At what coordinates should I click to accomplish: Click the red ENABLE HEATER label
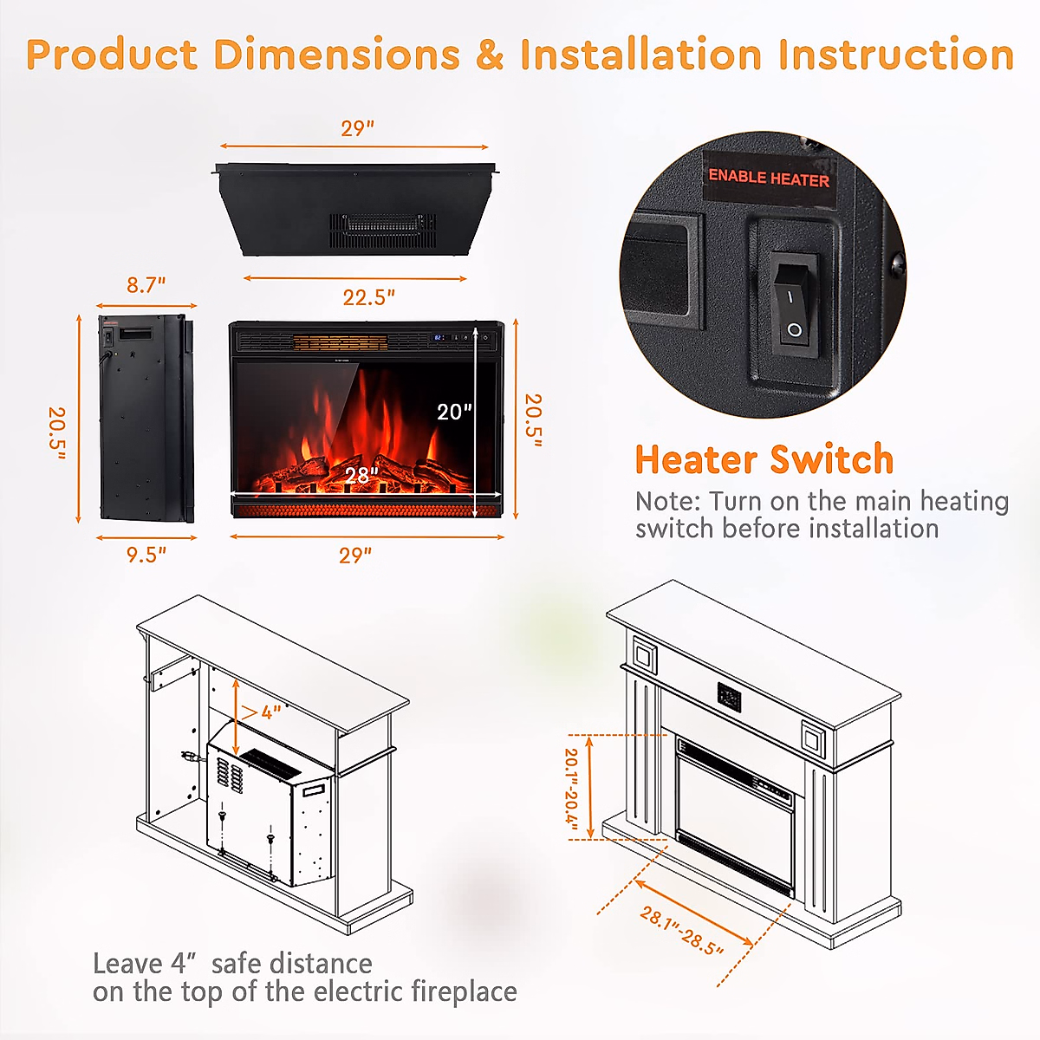769,178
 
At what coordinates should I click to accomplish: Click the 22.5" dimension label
368,297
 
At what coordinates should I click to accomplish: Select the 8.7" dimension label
146,284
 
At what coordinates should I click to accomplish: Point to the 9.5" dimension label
146,555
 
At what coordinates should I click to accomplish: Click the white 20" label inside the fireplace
454,412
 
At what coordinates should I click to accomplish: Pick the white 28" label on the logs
361,476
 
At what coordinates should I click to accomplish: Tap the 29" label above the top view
357,128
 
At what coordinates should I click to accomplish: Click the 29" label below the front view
355,555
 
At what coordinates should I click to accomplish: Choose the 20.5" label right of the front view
533,420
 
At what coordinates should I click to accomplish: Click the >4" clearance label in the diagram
262,712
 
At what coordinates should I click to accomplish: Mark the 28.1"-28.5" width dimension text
681,931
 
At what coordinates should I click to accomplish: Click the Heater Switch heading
764,459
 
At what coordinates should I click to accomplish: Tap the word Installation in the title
640,55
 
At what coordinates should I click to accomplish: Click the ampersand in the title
490,55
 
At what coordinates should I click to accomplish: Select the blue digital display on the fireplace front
439,337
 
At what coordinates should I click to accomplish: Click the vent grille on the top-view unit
381,229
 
